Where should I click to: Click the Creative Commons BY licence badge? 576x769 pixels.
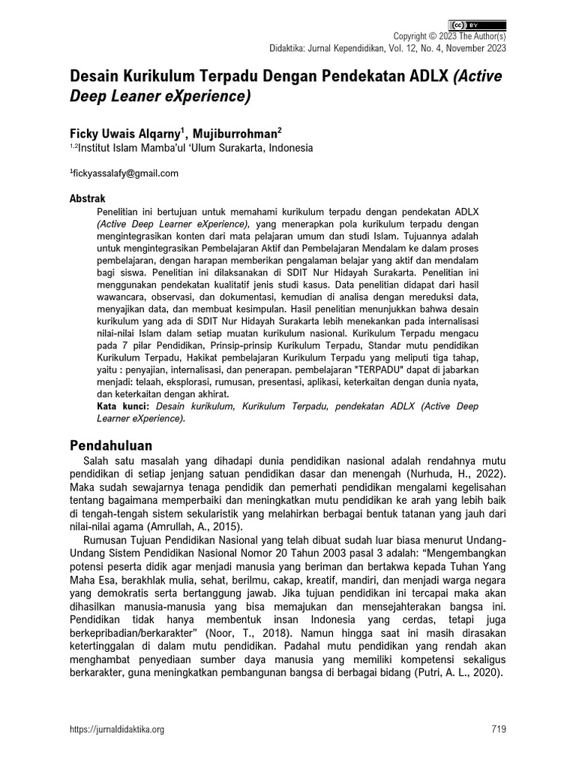pyautogui.click(x=478, y=24)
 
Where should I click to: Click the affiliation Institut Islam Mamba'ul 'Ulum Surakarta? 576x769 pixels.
pyautogui.click(x=195, y=148)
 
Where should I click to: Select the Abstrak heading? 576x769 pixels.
pyautogui.click(x=87, y=199)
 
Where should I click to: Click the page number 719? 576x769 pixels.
pyautogui.click(x=499, y=728)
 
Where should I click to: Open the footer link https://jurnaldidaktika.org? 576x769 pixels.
pyautogui.click(x=116, y=728)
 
